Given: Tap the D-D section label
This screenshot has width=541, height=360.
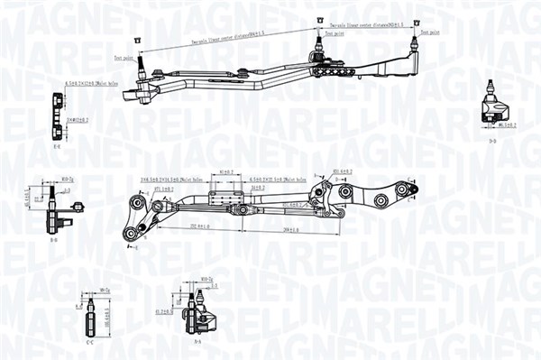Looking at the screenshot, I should click(x=491, y=141).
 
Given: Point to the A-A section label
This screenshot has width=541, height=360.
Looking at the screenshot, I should click(x=197, y=343).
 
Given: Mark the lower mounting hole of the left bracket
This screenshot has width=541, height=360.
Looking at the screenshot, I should click(x=133, y=235).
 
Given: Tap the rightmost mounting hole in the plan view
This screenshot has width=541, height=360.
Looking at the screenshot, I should click(x=413, y=188).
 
